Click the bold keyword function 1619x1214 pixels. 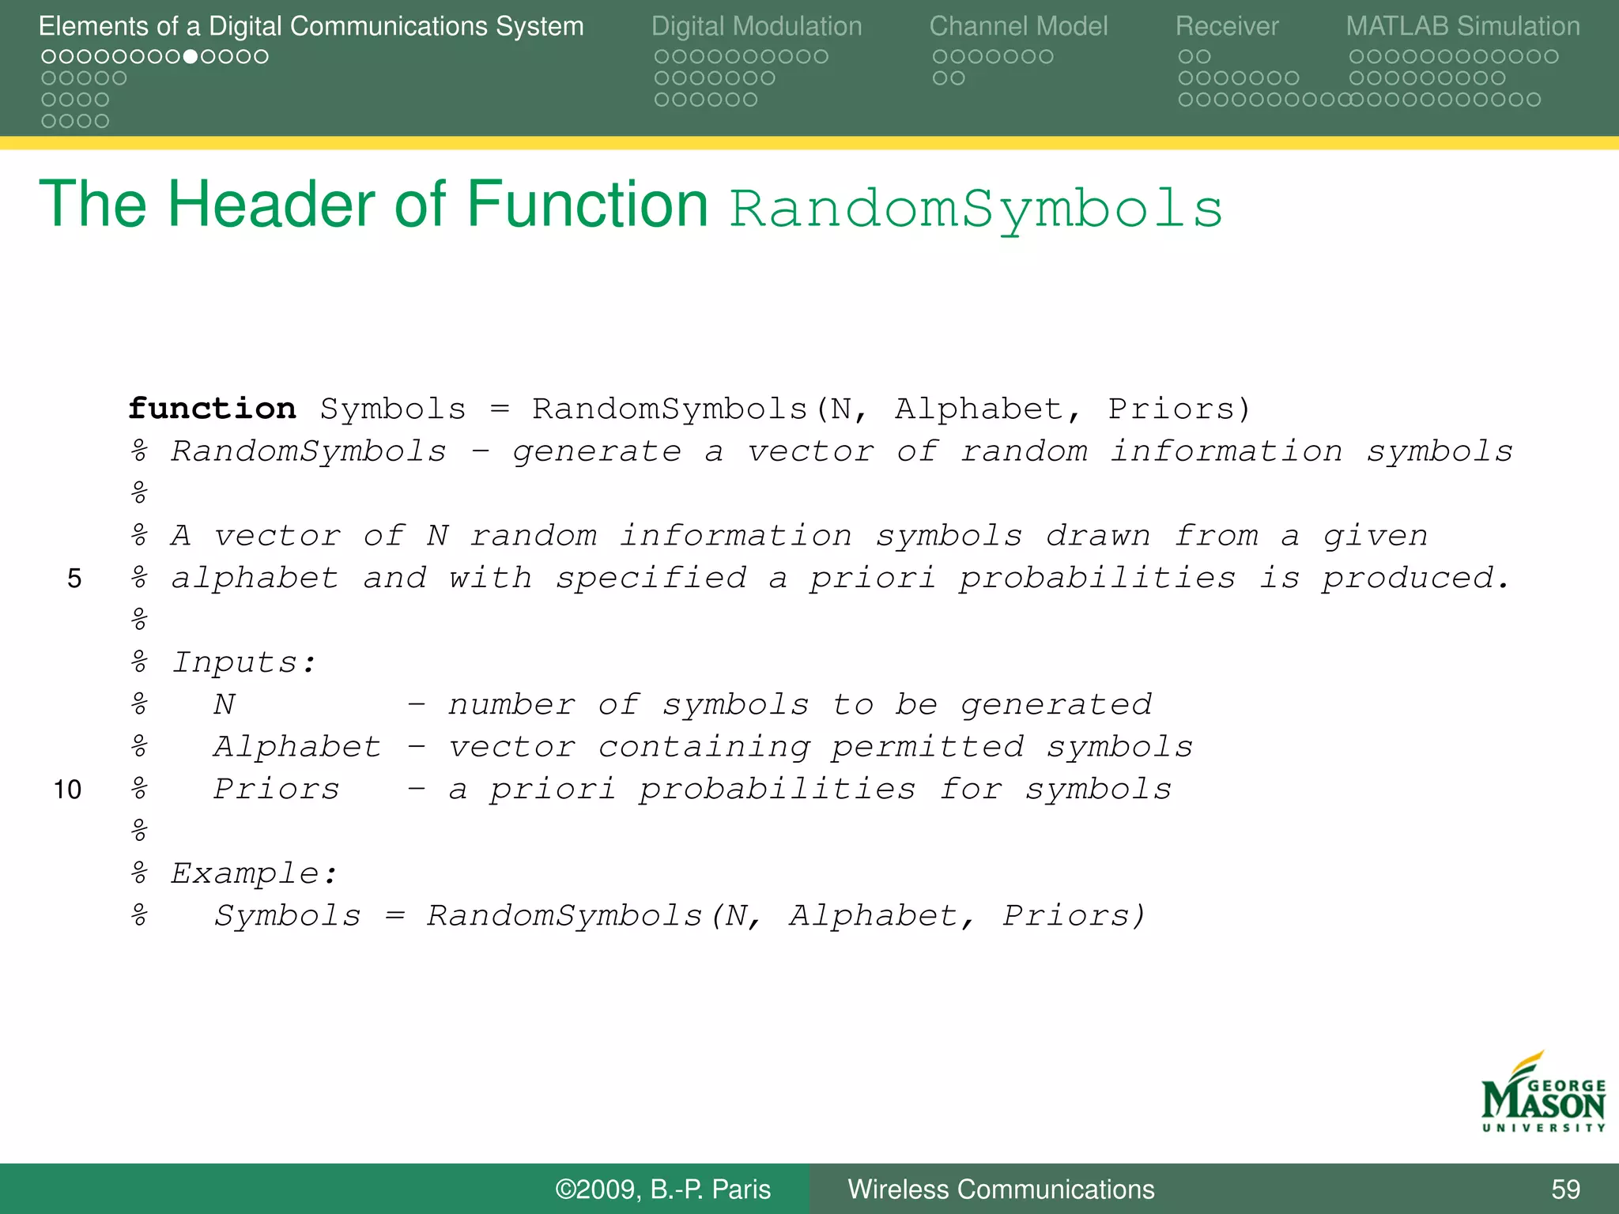[212, 409]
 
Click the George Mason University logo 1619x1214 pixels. [1543, 1093]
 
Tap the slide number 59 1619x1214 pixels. [1565, 1189]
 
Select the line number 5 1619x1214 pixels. [74, 579]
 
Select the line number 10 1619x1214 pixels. [68, 790]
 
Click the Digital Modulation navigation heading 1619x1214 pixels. [757, 26]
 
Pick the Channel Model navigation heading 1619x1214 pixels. [1018, 26]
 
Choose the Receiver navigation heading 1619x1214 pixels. [1226, 26]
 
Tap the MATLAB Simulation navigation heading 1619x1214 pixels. [1462, 26]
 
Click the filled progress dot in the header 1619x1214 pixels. [191, 57]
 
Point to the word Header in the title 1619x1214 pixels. [274, 205]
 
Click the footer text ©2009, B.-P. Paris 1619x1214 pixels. [662, 1189]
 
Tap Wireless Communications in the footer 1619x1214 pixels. [1001, 1189]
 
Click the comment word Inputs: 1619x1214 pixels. [243, 662]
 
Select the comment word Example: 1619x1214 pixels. [254, 873]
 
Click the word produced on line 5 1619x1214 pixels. [1415, 579]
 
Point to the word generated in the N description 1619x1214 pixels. [1056, 705]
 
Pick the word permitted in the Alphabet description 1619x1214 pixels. [927, 747]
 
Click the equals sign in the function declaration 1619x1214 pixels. [500, 409]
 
